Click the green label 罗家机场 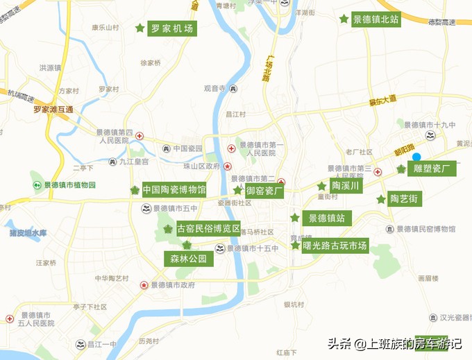tap(172, 28)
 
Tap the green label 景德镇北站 tap(376, 19)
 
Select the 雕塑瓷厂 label tap(432, 169)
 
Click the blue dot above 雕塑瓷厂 tap(416, 157)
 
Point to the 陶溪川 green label tap(345, 186)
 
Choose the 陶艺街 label tap(403, 199)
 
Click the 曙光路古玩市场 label tap(335, 246)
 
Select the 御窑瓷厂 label tap(264, 190)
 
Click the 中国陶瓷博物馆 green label tap(174, 189)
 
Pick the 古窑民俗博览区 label tap(208, 229)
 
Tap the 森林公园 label tap(189, 259)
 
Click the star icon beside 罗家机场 tap(140, 28)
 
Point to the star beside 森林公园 tap(187, 245)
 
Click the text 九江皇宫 tap(133, 162)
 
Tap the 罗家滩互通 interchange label tap(53, 109)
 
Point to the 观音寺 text tap(215, 89)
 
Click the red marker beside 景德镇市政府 tap(144, 285)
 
